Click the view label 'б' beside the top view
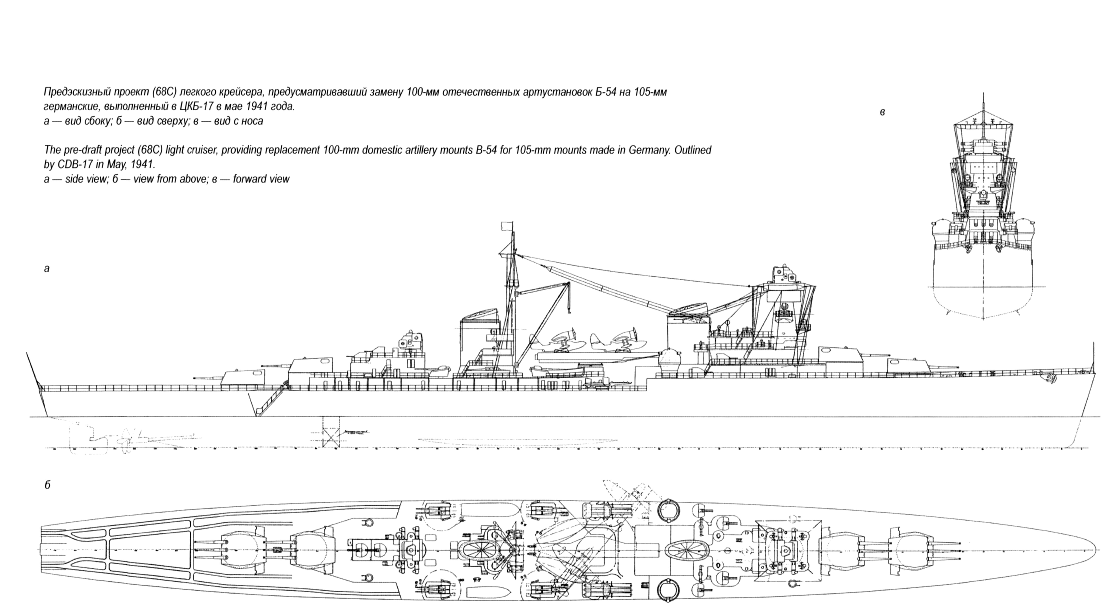pyautogui.click(x=48, y=485)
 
